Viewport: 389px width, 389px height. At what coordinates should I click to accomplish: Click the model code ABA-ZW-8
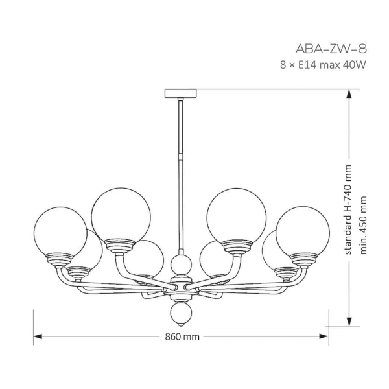[x=331, y=49]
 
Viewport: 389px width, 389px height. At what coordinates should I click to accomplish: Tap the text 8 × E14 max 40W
[x=323, y=65]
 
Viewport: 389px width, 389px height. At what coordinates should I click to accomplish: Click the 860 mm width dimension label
[x=182, y=336]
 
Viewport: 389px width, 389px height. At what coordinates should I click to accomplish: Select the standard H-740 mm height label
[x=348, y=209]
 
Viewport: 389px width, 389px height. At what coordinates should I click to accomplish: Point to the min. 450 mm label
[x=363, y=225]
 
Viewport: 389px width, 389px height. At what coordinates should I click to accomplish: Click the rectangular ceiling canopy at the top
[x=181, y=93]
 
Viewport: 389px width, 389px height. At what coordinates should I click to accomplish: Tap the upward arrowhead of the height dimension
[x=349, y=94]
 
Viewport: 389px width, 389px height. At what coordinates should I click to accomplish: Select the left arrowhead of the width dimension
[x=38, y=336]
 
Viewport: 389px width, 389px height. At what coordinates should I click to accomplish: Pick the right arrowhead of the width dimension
[x=324, y=336]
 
